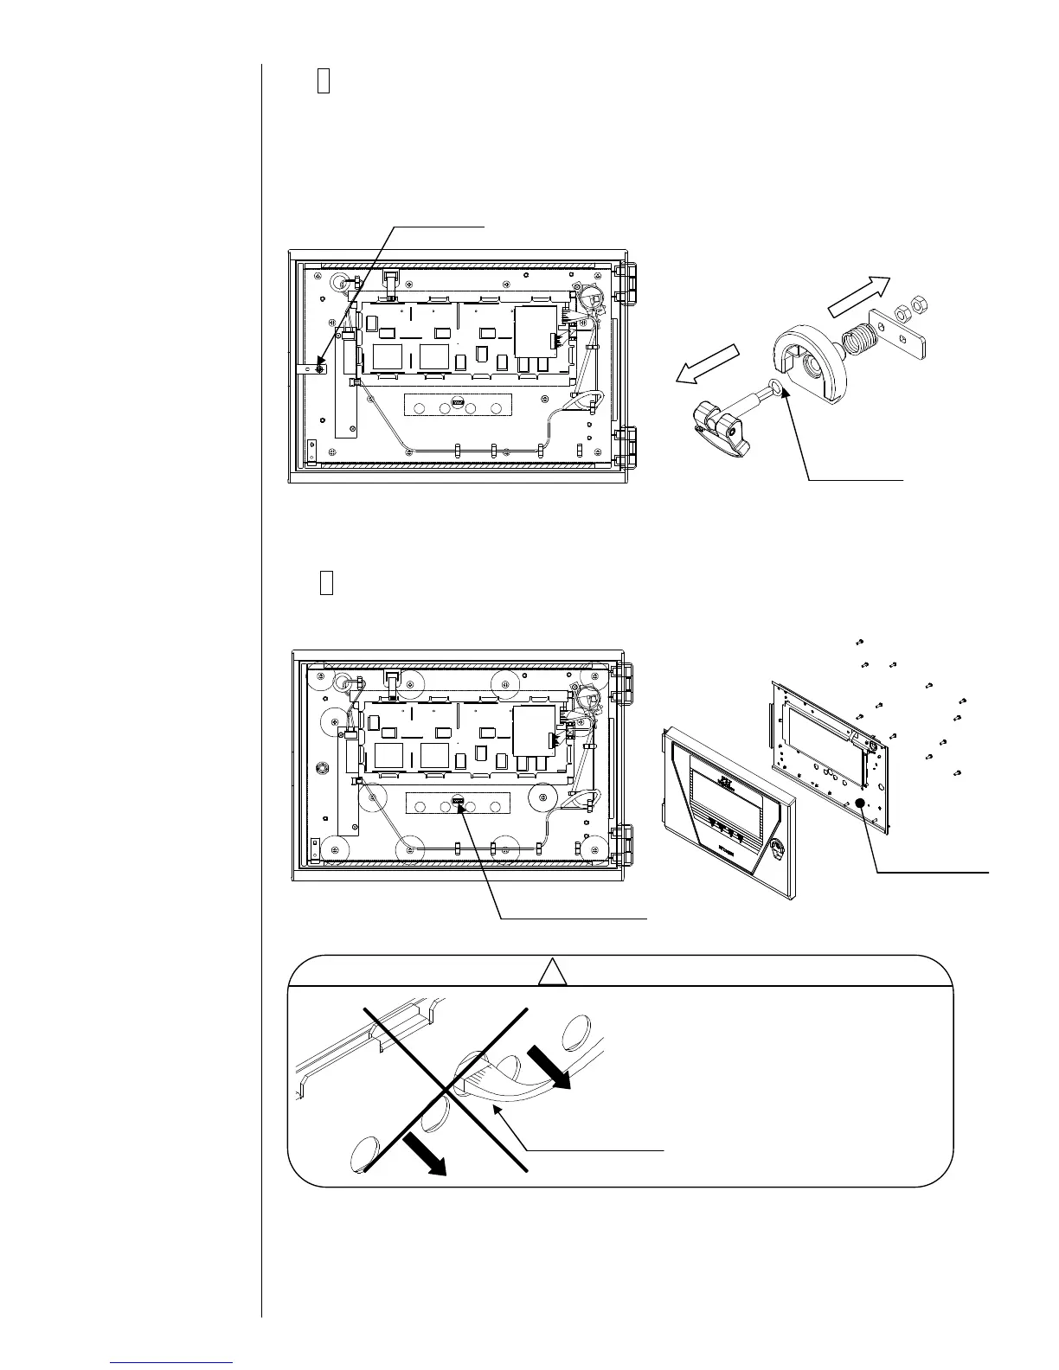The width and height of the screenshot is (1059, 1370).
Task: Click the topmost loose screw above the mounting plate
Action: pyautogui.click(x=859, y=642)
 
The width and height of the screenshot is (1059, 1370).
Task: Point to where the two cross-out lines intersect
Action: pyautogui.click(x=446, y=1089)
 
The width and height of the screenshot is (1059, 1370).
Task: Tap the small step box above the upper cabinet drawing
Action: pyautogui.click(x=324, y=81)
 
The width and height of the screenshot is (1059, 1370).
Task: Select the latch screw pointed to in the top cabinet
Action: pyautogui.click(x=320, y=369)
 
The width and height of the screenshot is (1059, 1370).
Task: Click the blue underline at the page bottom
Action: pyautogui.click(x=172, y=1363)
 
